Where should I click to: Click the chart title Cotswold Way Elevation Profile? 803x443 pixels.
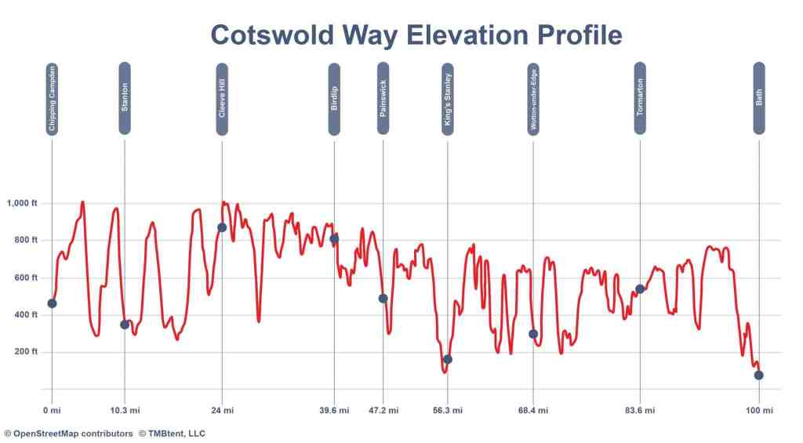pos(416,35)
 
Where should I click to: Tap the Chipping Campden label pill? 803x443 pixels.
pos(52,100)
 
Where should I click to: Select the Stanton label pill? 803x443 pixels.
pos(125,98)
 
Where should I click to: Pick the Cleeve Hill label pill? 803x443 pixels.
pos(222,99)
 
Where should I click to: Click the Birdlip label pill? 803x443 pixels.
pos(334,99)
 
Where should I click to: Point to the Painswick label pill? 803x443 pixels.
pos(383,98)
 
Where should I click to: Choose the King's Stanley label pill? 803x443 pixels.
pos(448,99)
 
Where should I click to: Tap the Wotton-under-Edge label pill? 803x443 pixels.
pos(533,99)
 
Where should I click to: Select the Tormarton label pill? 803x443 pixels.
pos(640,98)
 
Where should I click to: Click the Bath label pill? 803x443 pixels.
pos(759,98)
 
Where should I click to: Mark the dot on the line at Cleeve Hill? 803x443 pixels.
pos(222,227)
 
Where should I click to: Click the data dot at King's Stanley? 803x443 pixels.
pos(448,359)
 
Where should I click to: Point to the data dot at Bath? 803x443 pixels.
pos(759,376)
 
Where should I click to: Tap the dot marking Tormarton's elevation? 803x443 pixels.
pos(640,289)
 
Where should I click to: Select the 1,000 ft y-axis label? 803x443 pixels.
pos(23,204)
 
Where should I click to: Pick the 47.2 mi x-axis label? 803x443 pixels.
pos(383,410)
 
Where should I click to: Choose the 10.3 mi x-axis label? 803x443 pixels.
pos(125,410)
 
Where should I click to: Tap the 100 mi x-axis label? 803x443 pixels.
pos(759,410)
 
